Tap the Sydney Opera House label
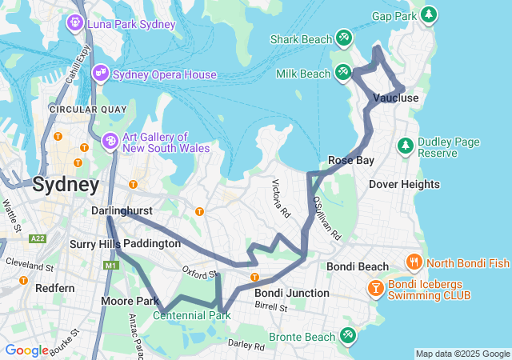[164, 74]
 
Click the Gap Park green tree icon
[430, 14]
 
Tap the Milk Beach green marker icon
[343, 73]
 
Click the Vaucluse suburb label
[395, 98]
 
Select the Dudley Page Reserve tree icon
[406, 146]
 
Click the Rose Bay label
[350, 160]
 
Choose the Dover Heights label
[404, 184]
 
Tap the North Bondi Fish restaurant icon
[414, 262]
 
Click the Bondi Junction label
[291, 293]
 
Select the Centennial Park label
[191, 315]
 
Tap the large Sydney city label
[66, 185]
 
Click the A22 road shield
[37, 238]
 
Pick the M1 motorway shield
[110, 265]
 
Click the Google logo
[26, 350]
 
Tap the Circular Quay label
[84, 109]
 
